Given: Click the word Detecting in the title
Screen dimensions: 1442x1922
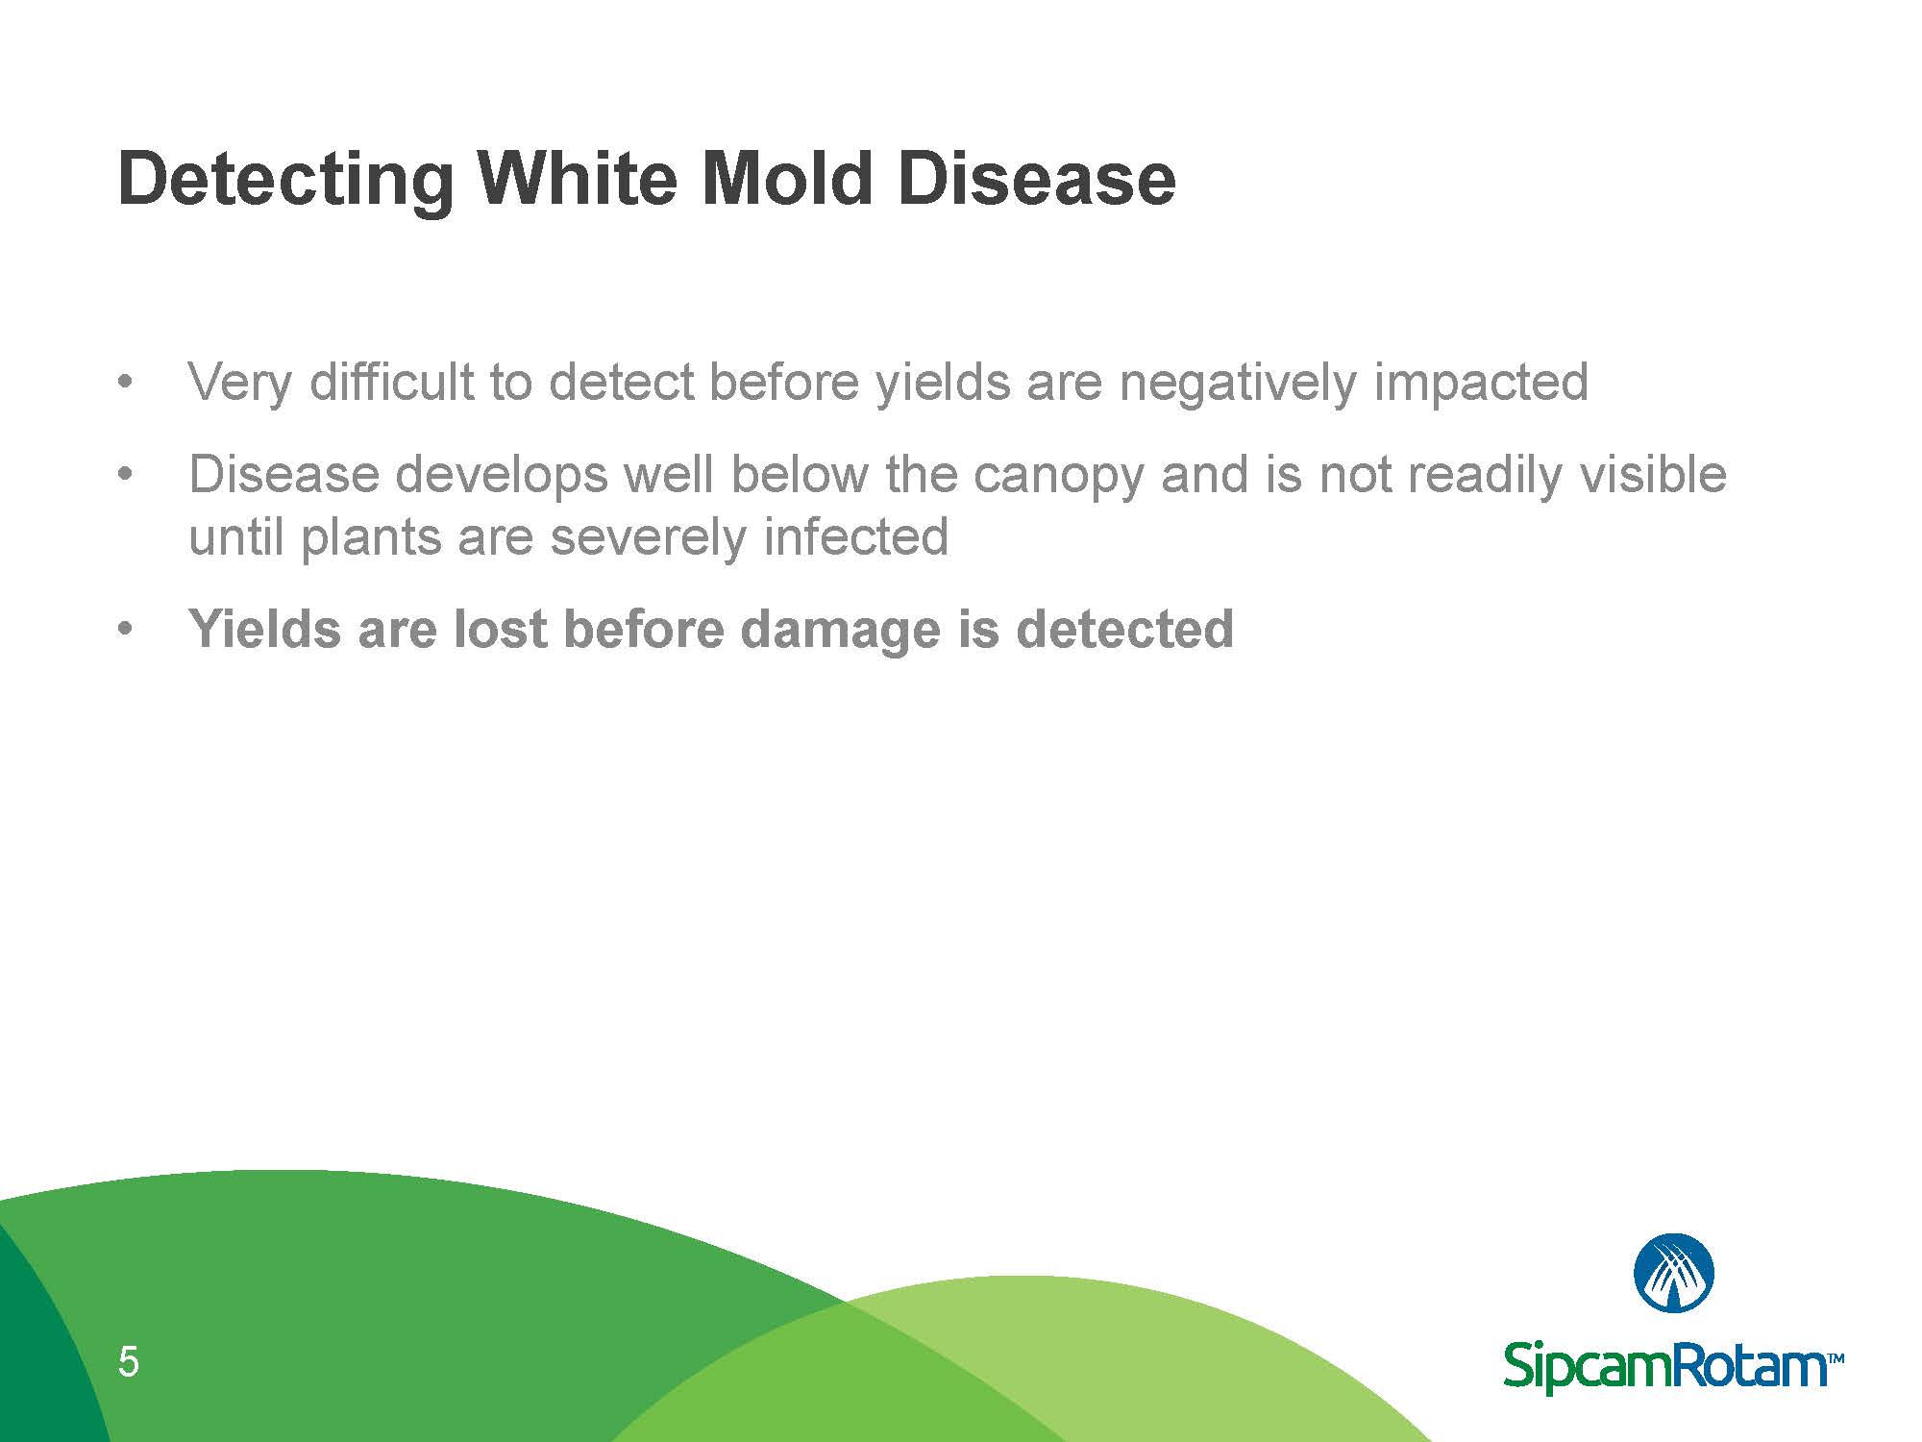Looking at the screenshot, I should [x=284, y=181].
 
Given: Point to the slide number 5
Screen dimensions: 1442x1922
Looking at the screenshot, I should [x=128, y=1362].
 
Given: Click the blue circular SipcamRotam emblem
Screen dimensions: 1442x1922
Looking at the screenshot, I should [x=1674, y=1273].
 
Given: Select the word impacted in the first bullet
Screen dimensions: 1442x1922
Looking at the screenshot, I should [x=1481, y=383].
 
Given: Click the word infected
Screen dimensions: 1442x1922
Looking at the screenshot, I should [x=856, y=536].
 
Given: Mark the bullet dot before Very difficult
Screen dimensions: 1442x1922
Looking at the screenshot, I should [x=122, y=383].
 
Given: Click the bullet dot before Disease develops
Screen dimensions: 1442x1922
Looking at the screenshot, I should [x=122, y=475].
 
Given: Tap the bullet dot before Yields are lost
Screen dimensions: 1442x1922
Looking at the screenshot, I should [x=122, y=630].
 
